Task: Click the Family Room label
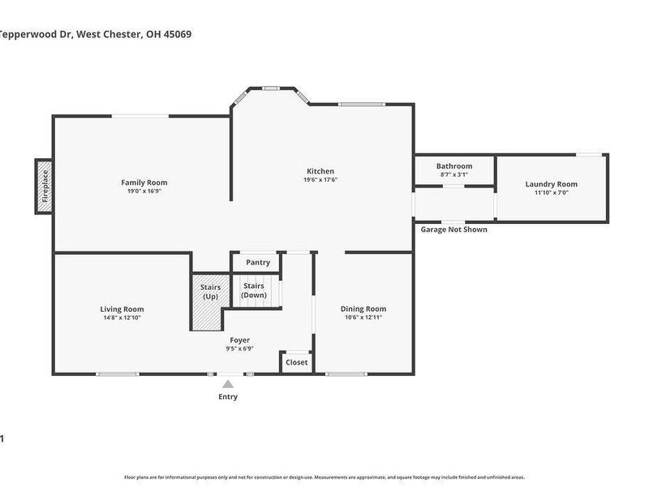144,183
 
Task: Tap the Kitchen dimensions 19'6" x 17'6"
320,180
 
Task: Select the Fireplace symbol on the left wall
45,187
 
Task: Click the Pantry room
257,262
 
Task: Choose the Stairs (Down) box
254,290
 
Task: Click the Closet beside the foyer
296,362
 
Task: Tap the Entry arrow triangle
228,384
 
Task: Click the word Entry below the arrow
228,397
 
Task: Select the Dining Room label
363,308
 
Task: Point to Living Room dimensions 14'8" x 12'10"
122,318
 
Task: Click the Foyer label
239,340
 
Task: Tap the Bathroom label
453,166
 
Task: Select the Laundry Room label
551,184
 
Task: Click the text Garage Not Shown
453,230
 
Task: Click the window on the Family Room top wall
140,116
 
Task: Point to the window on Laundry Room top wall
589,154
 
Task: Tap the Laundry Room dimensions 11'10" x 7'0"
551,193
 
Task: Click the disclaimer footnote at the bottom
324,477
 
